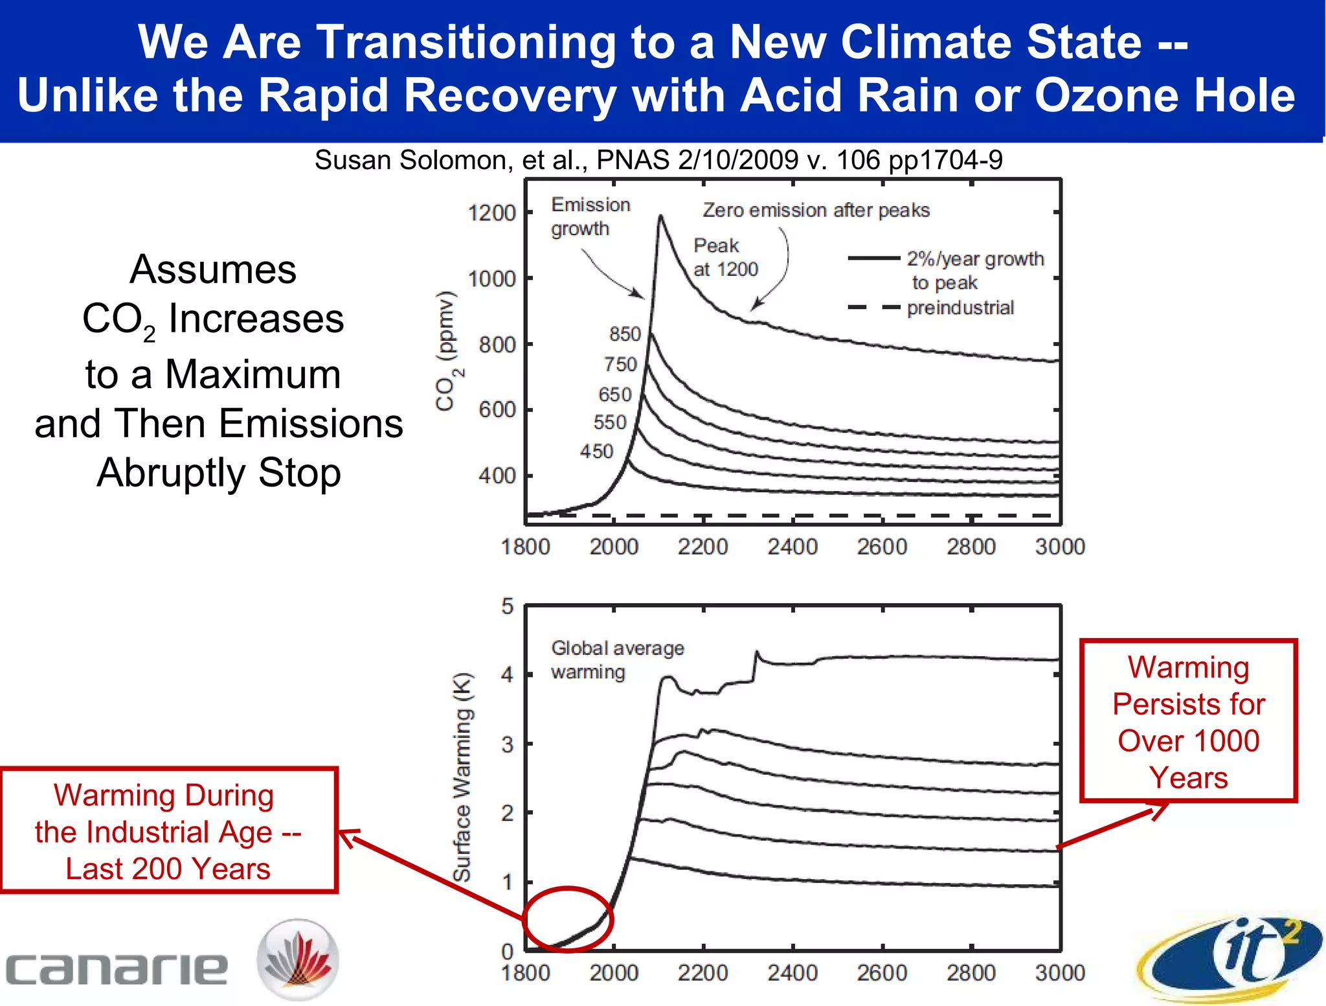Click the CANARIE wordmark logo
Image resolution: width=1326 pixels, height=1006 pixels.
pos(117,969)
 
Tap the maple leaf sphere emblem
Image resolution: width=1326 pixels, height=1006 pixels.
pos(298,959)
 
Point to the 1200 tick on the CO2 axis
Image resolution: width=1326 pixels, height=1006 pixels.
pos(491,213)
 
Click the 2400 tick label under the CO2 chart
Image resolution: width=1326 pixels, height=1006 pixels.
pos(792,547)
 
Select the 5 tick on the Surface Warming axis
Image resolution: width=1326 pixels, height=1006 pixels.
pos(507,607)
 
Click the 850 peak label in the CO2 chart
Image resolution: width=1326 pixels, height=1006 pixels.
pos(624,334)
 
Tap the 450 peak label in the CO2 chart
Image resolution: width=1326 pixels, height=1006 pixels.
pos(596,452)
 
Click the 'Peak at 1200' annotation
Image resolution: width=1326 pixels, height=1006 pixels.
pos(725,257)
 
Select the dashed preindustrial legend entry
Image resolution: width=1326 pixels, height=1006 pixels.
pos(932,308)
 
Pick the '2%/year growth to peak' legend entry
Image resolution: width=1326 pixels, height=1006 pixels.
pos(945,269)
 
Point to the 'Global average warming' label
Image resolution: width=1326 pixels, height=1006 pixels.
pos(616,659)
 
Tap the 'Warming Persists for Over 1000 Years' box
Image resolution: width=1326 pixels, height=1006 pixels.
pos(1188,721)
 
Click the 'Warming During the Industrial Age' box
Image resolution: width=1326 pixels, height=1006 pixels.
pos(168,831)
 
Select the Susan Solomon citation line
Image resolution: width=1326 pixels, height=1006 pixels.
pos(658,160)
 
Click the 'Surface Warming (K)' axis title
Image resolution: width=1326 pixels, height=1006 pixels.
pos(462,777)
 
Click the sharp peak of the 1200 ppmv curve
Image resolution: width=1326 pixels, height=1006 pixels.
pos(660,216)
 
